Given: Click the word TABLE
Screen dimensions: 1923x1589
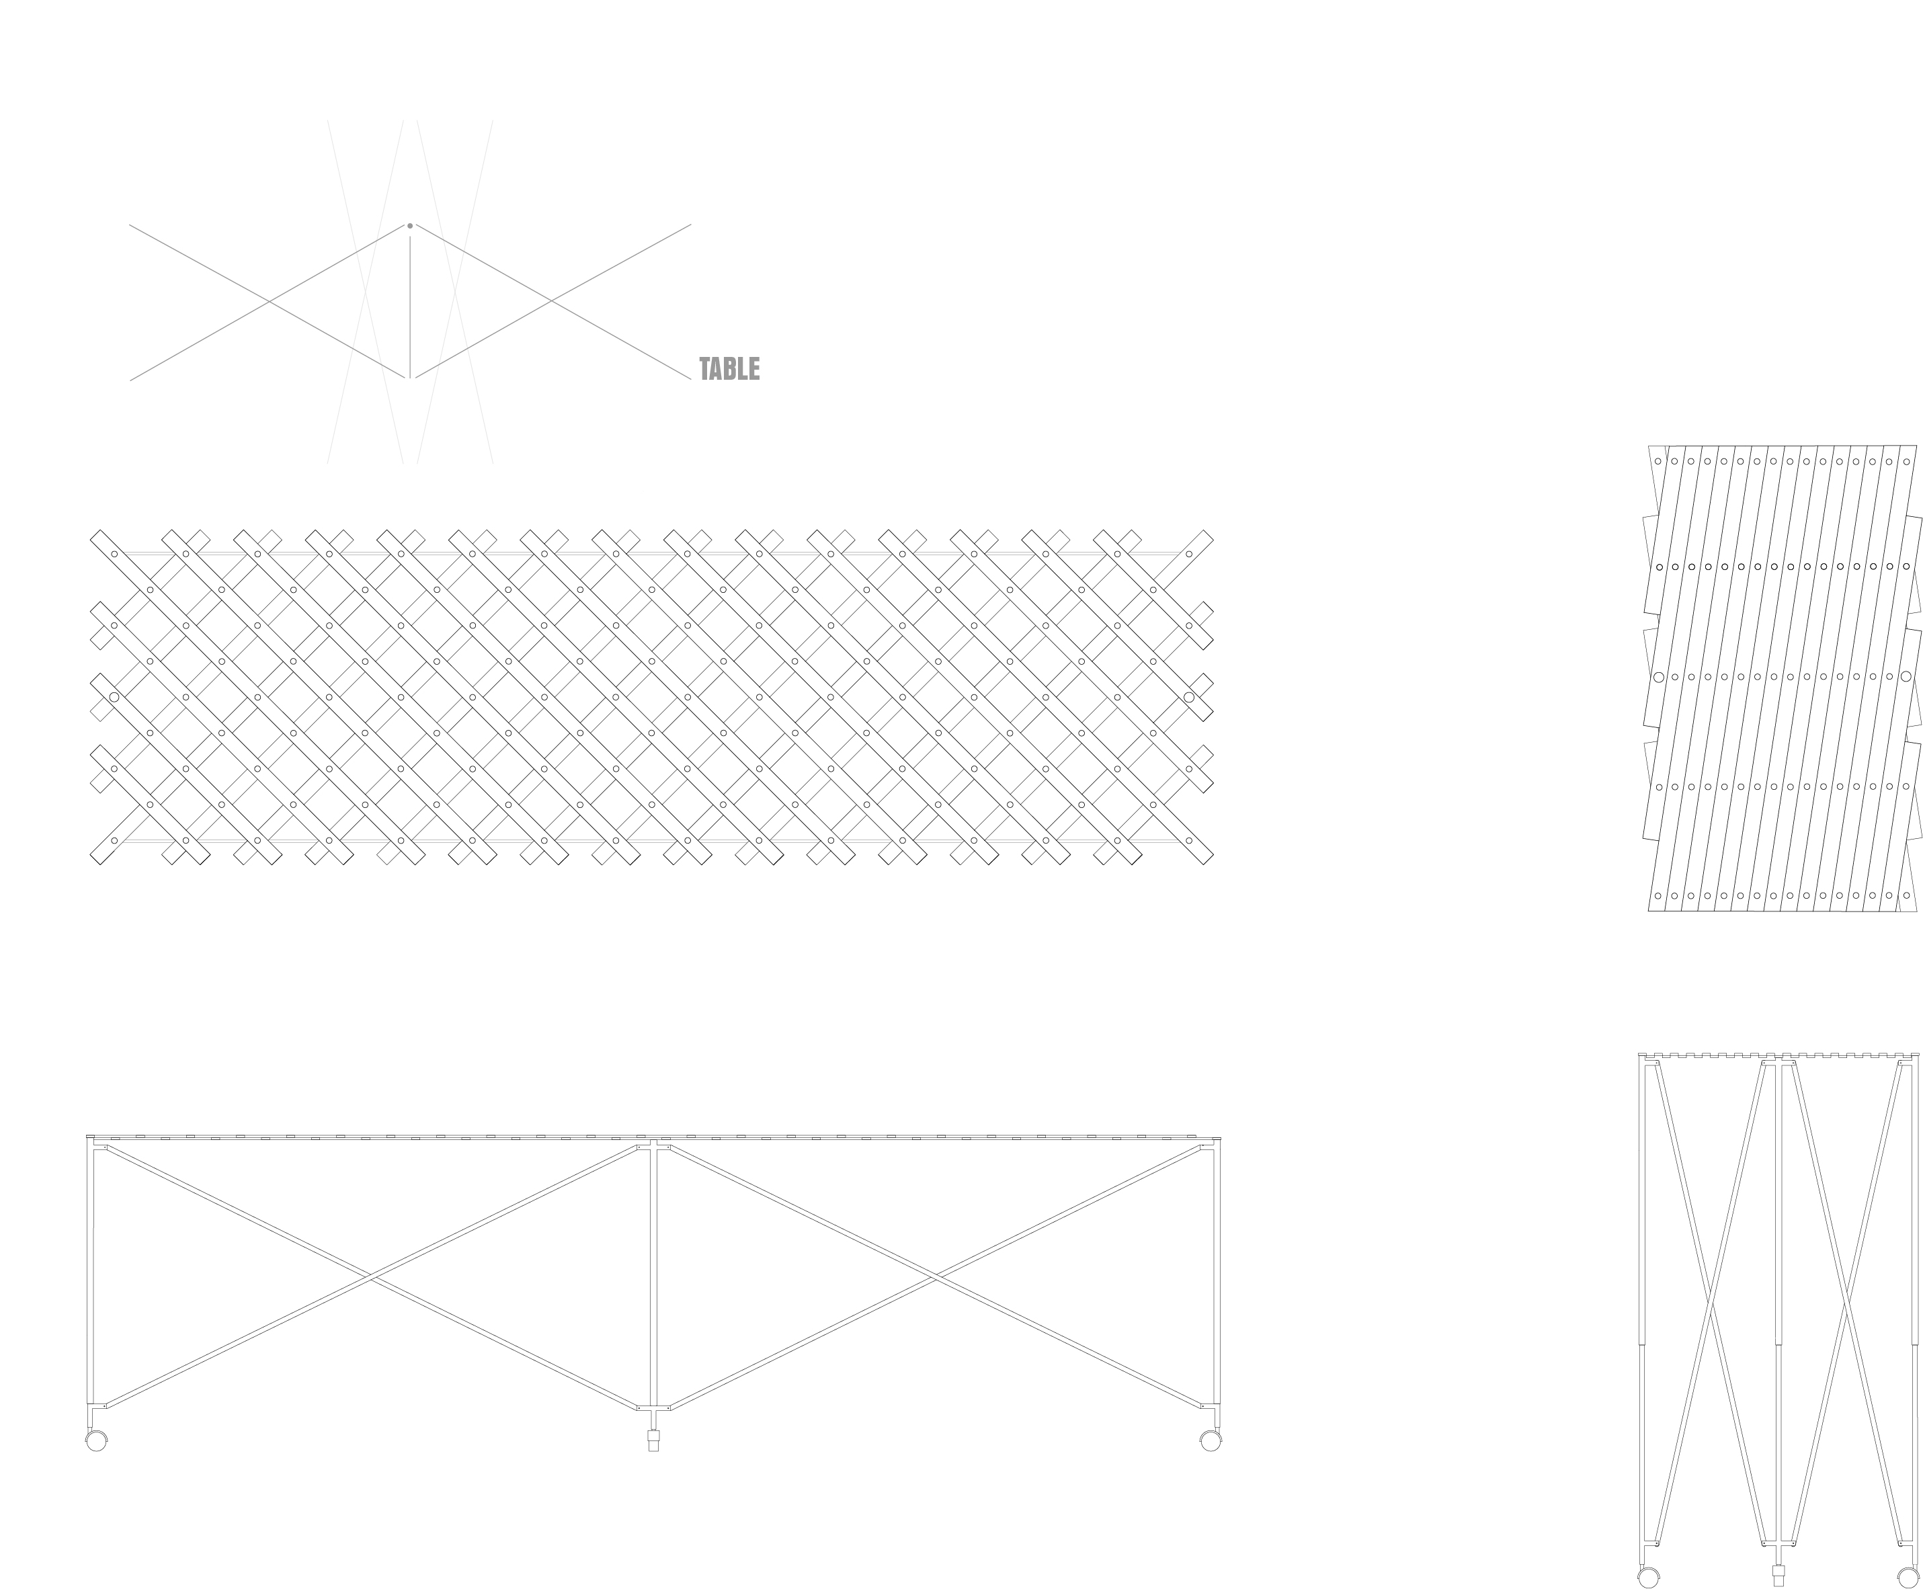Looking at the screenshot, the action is (x=729, y=369).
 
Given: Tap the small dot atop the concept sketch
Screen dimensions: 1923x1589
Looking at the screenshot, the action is (x=410, y=225).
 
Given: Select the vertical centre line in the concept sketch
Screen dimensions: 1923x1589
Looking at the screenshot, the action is (x=410, y=307).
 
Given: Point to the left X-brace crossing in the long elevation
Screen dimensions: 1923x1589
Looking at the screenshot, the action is (x=369, y=1276).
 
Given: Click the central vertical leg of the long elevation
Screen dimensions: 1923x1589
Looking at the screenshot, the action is (x=653, y=1277).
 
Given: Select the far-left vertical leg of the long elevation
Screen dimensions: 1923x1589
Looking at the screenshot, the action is (x=91, y=1277).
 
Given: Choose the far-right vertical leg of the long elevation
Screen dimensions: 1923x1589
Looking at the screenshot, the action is (x=1217, y=1277).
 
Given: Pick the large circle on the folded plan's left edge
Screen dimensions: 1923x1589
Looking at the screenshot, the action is (x=1658, y=678).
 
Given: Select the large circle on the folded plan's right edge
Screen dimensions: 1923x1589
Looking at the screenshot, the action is (x=1906, y=676).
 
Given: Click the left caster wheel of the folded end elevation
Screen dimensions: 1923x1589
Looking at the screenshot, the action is (x=1648, y=1577).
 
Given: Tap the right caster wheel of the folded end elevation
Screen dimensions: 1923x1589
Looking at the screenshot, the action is (x=1908, y=1577).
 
